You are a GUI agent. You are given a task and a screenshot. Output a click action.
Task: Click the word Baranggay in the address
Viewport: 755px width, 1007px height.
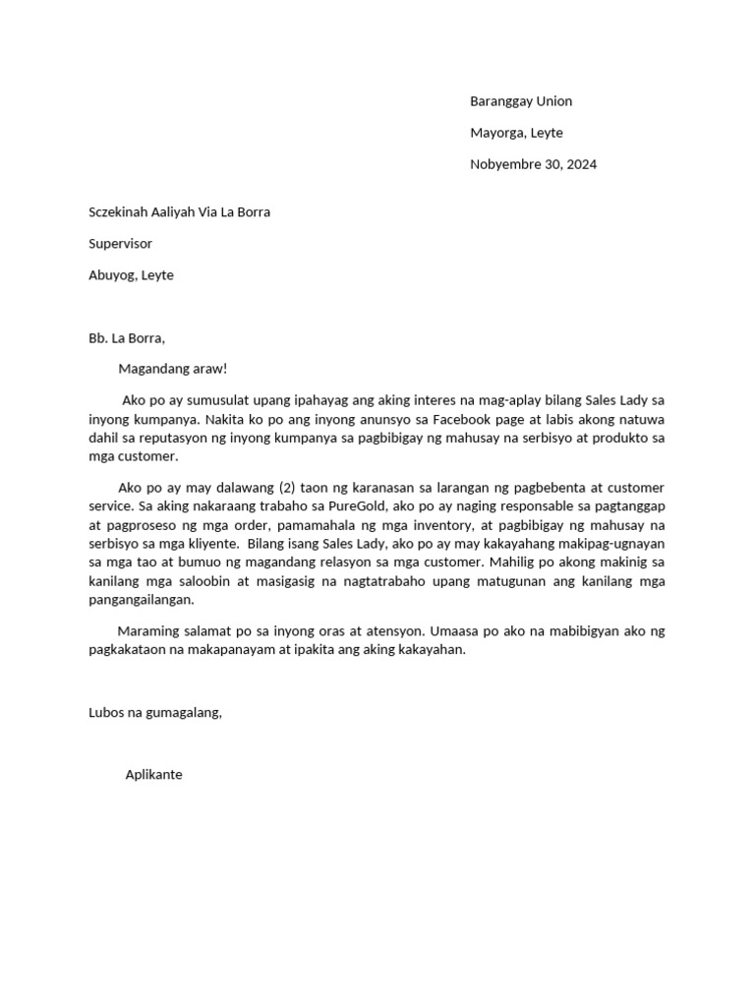[502, 101]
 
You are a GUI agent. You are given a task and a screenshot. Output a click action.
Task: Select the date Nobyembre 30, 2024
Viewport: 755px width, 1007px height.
[533, 164]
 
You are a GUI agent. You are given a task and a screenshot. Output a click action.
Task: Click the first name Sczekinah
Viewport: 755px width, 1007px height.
[121, 211]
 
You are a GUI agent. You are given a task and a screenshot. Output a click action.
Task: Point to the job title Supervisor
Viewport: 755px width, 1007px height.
[120, 243]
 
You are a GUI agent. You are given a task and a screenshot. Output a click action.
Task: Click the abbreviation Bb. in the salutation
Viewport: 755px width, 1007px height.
[98, 338]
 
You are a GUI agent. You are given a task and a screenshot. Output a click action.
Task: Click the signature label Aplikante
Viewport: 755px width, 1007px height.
[153, 775]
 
